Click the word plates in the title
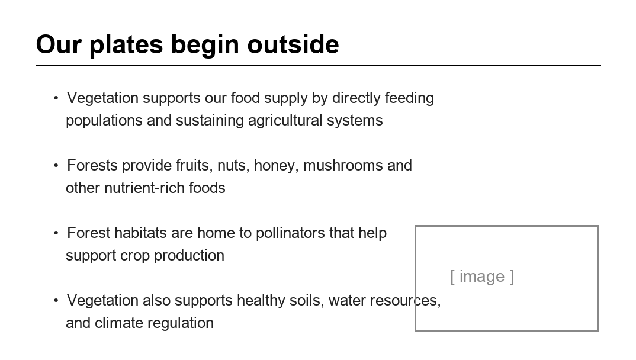coord(126,45)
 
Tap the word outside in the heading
coord(293,44)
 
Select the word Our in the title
coord(59,44)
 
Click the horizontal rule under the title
coord(319,65)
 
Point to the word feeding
coord(409,98)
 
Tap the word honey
coord(276,166)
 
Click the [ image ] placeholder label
coord(482,277)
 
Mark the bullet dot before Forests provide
coord(56,165)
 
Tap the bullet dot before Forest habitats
coord(56,233)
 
